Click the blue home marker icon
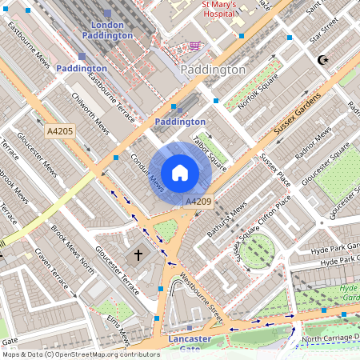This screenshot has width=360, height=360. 180,173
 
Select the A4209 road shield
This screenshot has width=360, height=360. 198,202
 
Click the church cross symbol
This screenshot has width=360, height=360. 138,256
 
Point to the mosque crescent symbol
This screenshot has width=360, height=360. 323,60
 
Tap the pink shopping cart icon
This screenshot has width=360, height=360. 195,46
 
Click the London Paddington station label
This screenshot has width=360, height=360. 107,30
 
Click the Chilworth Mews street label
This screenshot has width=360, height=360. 90,114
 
